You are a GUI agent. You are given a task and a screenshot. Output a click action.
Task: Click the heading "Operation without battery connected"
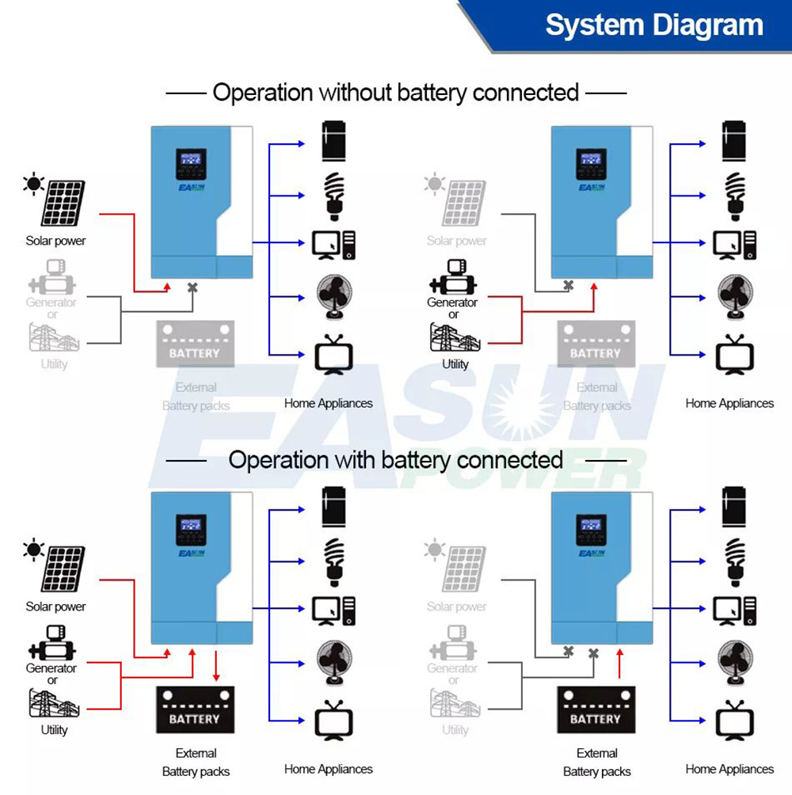coord(396,93)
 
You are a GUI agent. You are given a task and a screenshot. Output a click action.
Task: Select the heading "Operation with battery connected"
coord(396,460)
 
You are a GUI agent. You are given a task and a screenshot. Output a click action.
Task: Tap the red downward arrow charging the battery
coord(217,667)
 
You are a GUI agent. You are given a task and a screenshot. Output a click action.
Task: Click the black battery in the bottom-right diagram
coord(596,709)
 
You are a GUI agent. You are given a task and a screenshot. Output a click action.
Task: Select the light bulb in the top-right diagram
coord(735,194)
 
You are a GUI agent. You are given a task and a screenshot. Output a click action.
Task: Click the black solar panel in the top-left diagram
coord(63,204)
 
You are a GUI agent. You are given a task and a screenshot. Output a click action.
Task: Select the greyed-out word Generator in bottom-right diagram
coord(452,668)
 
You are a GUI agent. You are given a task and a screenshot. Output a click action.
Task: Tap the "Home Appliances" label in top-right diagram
coord(729,404)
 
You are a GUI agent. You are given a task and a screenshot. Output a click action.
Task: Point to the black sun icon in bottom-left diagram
coord(33,550)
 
